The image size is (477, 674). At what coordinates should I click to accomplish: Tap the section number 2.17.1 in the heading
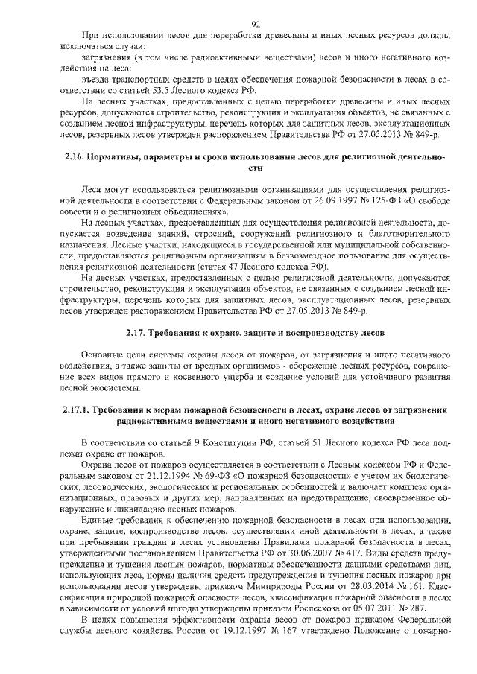tap(73, 410)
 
